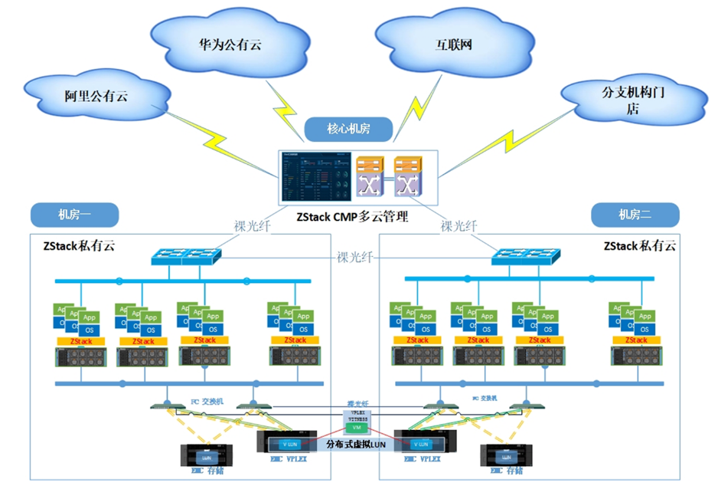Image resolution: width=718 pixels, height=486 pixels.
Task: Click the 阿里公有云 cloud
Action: click(96, 96)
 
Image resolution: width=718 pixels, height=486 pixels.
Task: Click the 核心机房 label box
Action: click(348, 129)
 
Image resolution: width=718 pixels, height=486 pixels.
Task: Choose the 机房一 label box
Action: click(73, 214)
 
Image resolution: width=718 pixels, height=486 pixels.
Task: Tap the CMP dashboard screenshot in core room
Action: click(315, 177)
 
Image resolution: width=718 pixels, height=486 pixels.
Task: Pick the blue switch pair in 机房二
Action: click(525, 258)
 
